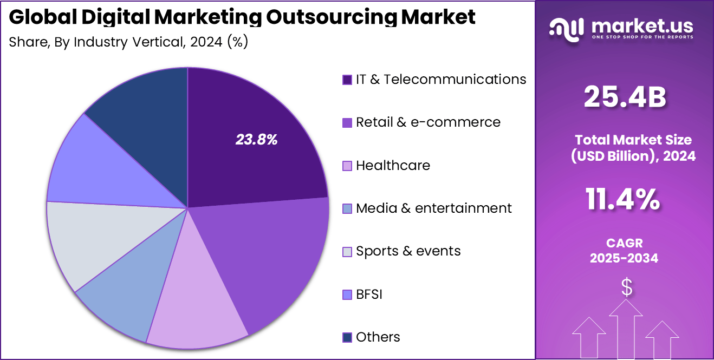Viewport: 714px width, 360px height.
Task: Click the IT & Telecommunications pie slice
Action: point(249,157)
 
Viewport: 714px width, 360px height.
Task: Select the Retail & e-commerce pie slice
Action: point(271,254)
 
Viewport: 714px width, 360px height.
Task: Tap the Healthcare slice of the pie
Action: point(198,303)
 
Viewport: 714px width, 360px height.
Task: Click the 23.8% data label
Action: point(256,140)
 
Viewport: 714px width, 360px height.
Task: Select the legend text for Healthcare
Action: point(393,165)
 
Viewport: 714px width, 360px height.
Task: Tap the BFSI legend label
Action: point(369,294)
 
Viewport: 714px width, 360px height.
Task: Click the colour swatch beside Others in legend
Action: point(347,337)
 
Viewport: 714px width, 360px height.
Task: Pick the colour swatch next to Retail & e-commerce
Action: point(347,122)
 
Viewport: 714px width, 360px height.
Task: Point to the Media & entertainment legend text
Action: point(433,208)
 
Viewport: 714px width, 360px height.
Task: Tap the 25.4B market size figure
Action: point(625,97)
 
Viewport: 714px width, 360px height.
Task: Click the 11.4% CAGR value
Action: point(623,199)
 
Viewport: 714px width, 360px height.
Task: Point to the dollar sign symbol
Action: point(627,288)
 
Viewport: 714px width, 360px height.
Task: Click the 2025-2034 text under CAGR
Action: point(624,258)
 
